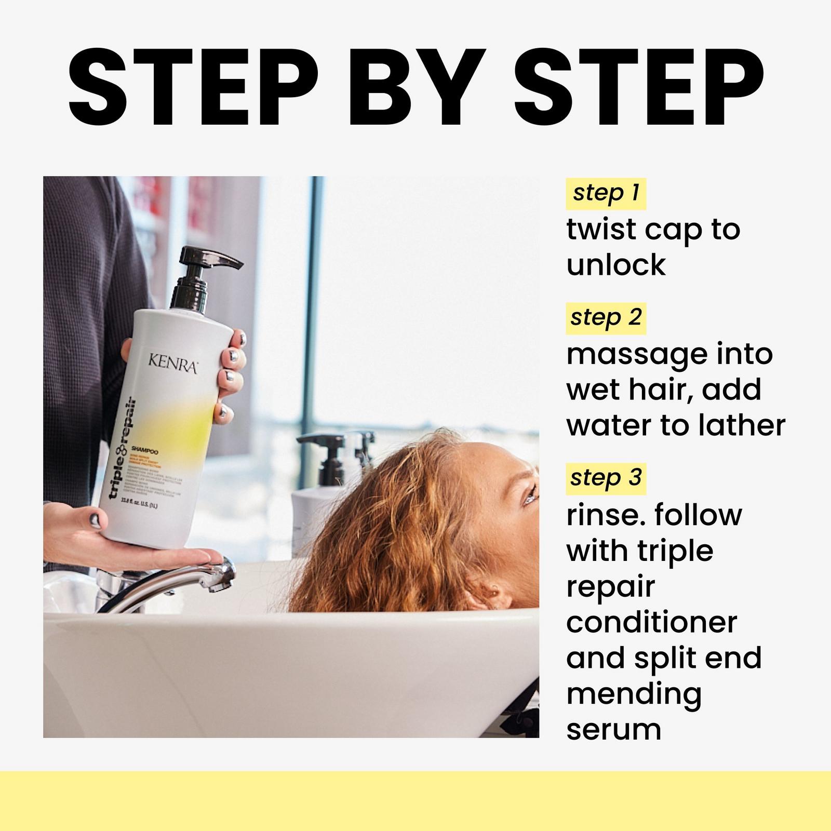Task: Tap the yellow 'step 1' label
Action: pos(606,193)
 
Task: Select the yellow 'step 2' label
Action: pos(606,318)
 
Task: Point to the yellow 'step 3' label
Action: pos(606,478)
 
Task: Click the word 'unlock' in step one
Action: pos(616,265)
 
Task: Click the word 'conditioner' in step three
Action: pos(651,622)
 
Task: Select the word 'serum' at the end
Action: pos(613,729)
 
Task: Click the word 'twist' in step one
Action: pos(601,230)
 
